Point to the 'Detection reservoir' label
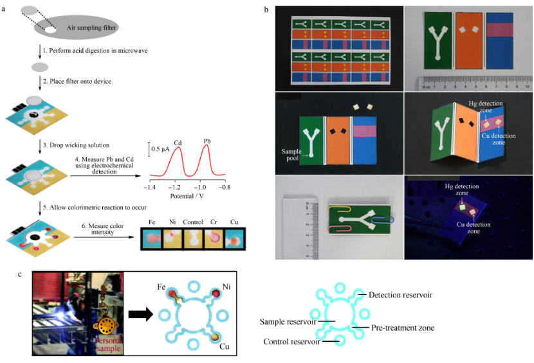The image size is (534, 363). [x=400, y=294]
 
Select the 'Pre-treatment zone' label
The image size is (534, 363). [x=403, y=328]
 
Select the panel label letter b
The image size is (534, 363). [x=266, y=10]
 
